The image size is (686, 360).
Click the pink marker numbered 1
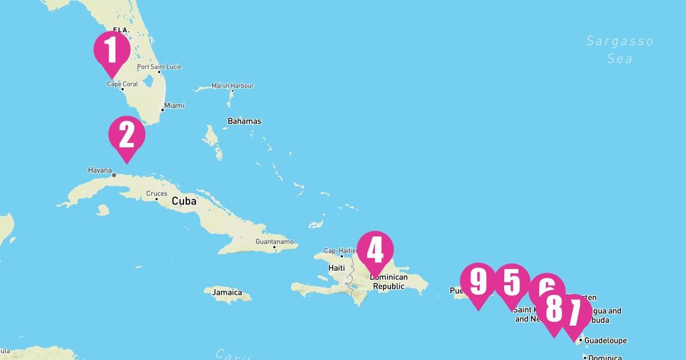111,50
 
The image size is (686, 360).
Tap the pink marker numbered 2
126,135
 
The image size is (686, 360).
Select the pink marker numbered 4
375,250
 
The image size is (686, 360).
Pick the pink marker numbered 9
477,282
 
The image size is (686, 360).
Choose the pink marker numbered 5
512,282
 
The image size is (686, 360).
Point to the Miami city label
174,106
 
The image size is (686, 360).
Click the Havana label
100,170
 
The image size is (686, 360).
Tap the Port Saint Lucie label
159,67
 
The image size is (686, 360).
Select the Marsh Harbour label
232,86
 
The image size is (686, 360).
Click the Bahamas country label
244,121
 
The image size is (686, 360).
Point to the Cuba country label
184,201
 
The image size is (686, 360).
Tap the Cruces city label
157,194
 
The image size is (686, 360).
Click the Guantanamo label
274,242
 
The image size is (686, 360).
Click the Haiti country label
336,267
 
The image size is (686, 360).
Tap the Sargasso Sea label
619,49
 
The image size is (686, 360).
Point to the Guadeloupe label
605,341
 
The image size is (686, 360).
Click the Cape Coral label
122,84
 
